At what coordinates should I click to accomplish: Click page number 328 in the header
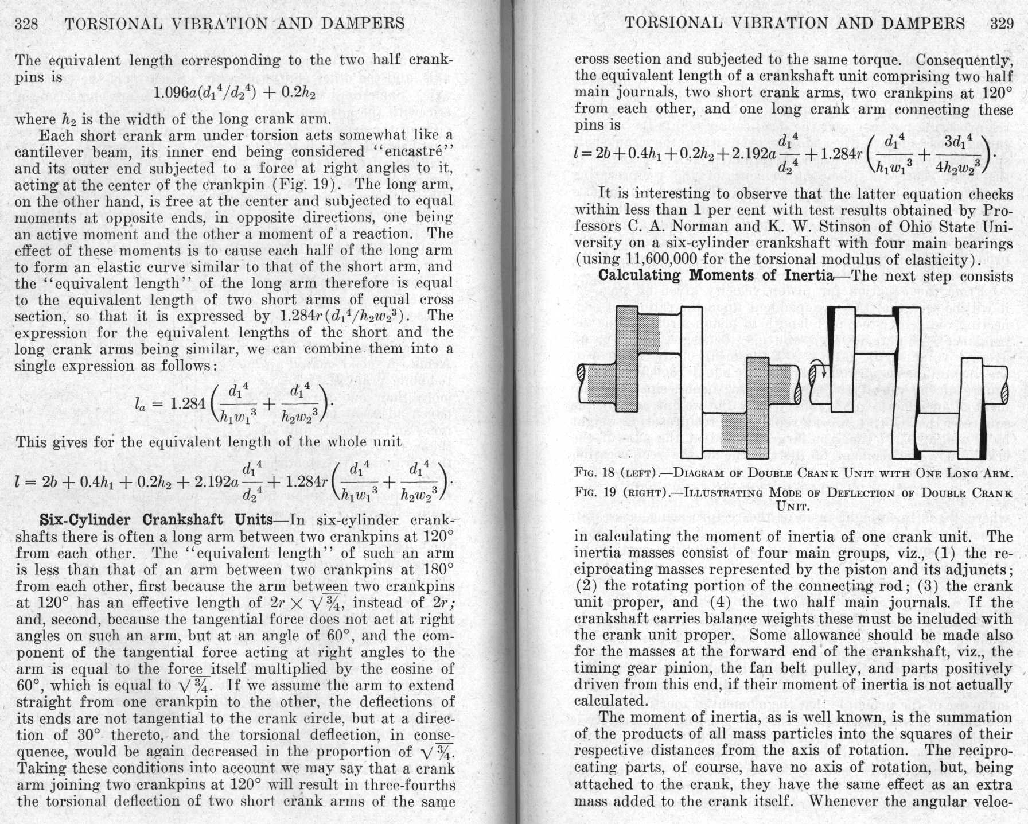click(26, 24)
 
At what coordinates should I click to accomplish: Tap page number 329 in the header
click(1002, 23)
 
